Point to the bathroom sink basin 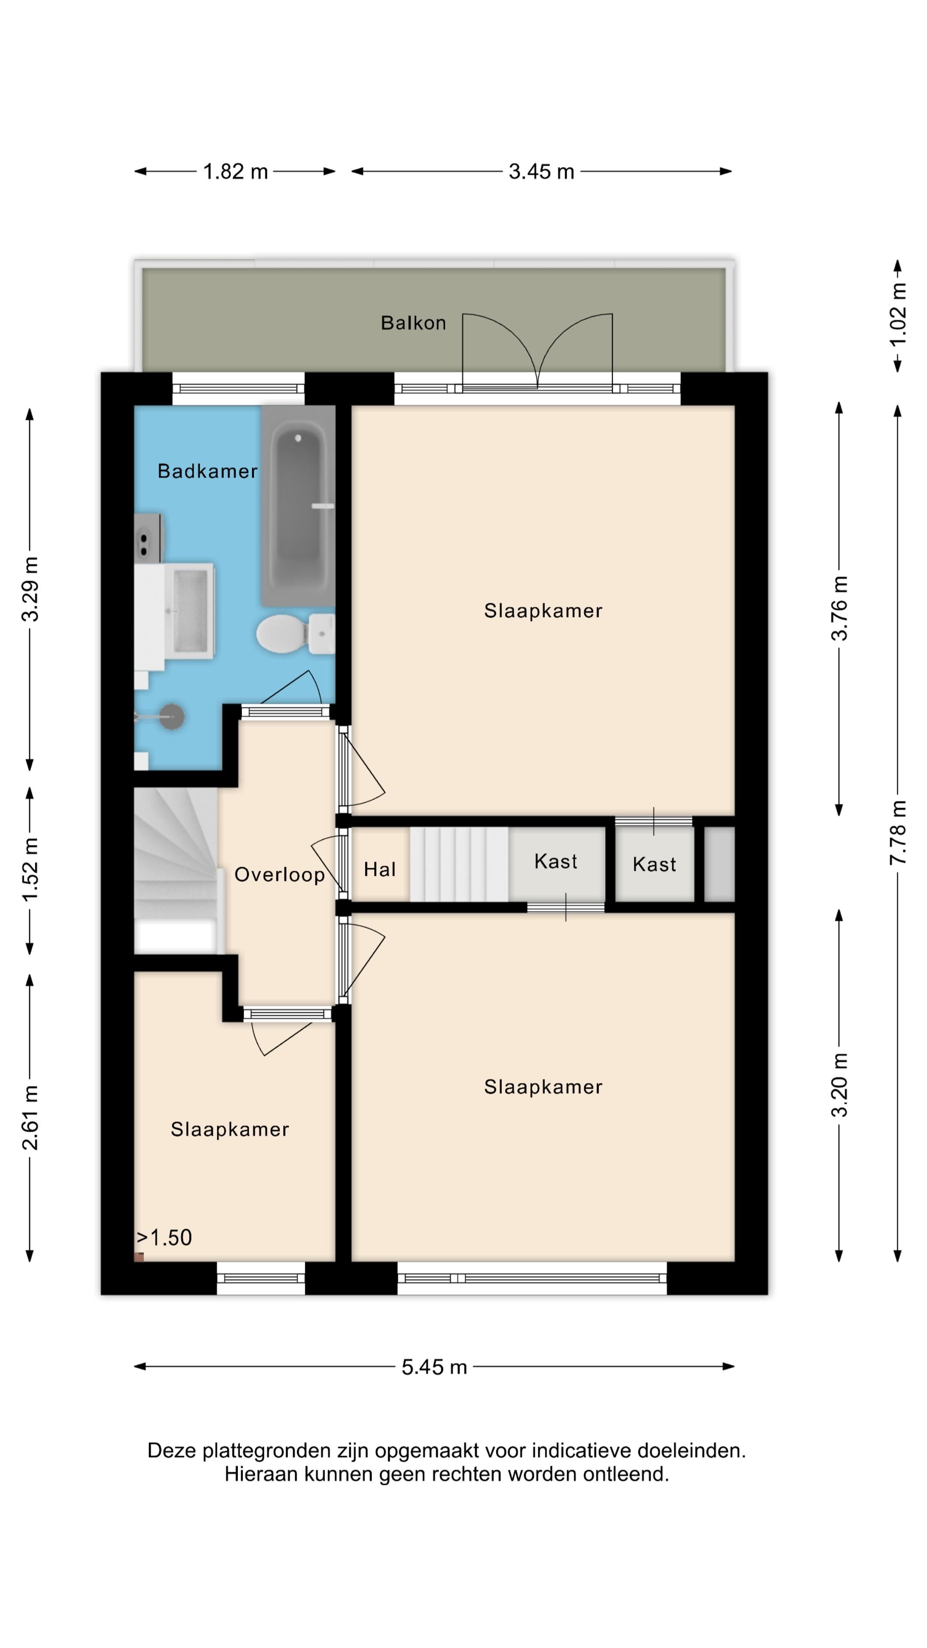click(x=190, y=611)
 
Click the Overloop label click(x=279, y=875)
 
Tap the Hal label click(x=379, y=869)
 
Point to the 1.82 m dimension click(x=235, y=172)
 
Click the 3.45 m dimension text click(x=541, y=172)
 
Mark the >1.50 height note click(x=164, y=1237)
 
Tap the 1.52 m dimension click(x=30, y=870)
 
